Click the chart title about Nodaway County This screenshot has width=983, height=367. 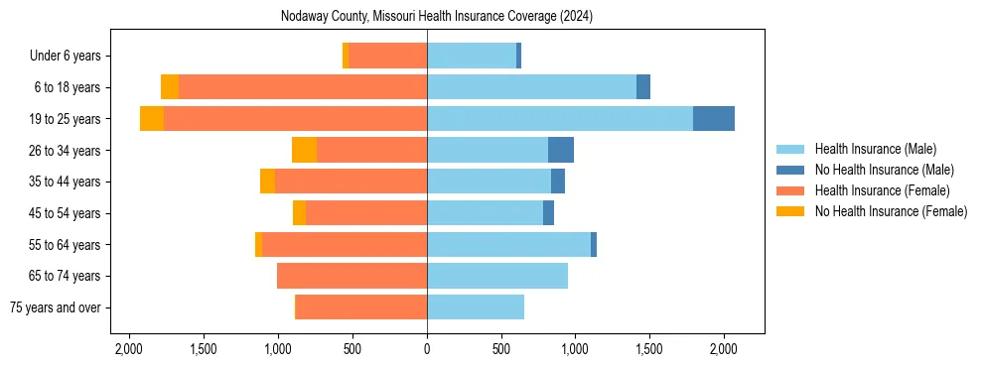[x=437, y=16]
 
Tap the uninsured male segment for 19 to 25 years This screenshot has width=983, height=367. [x=714, y=119]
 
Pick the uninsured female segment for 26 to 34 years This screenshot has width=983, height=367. [x=304, y=150]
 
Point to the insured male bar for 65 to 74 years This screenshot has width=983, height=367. [x=496, y=276]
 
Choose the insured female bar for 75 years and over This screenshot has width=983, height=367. [x=361, y=307]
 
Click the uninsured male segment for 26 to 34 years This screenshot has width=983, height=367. [x=561, y=150]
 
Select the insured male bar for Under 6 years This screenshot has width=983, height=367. [x=472, y=56]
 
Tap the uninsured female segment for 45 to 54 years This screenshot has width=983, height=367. [x=299, y=213]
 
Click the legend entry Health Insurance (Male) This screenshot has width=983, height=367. [x=875, y=149]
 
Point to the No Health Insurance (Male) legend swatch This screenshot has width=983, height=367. [x=790, y=170]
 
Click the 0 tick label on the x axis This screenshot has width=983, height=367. [x=427, y=349]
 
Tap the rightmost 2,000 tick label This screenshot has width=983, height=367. [x=724, y=349]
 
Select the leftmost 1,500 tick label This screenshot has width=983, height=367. [x=203, y=349]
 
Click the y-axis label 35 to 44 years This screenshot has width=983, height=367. [x=68, y=182]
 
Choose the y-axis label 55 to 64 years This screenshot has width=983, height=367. [x=68, y=245]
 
